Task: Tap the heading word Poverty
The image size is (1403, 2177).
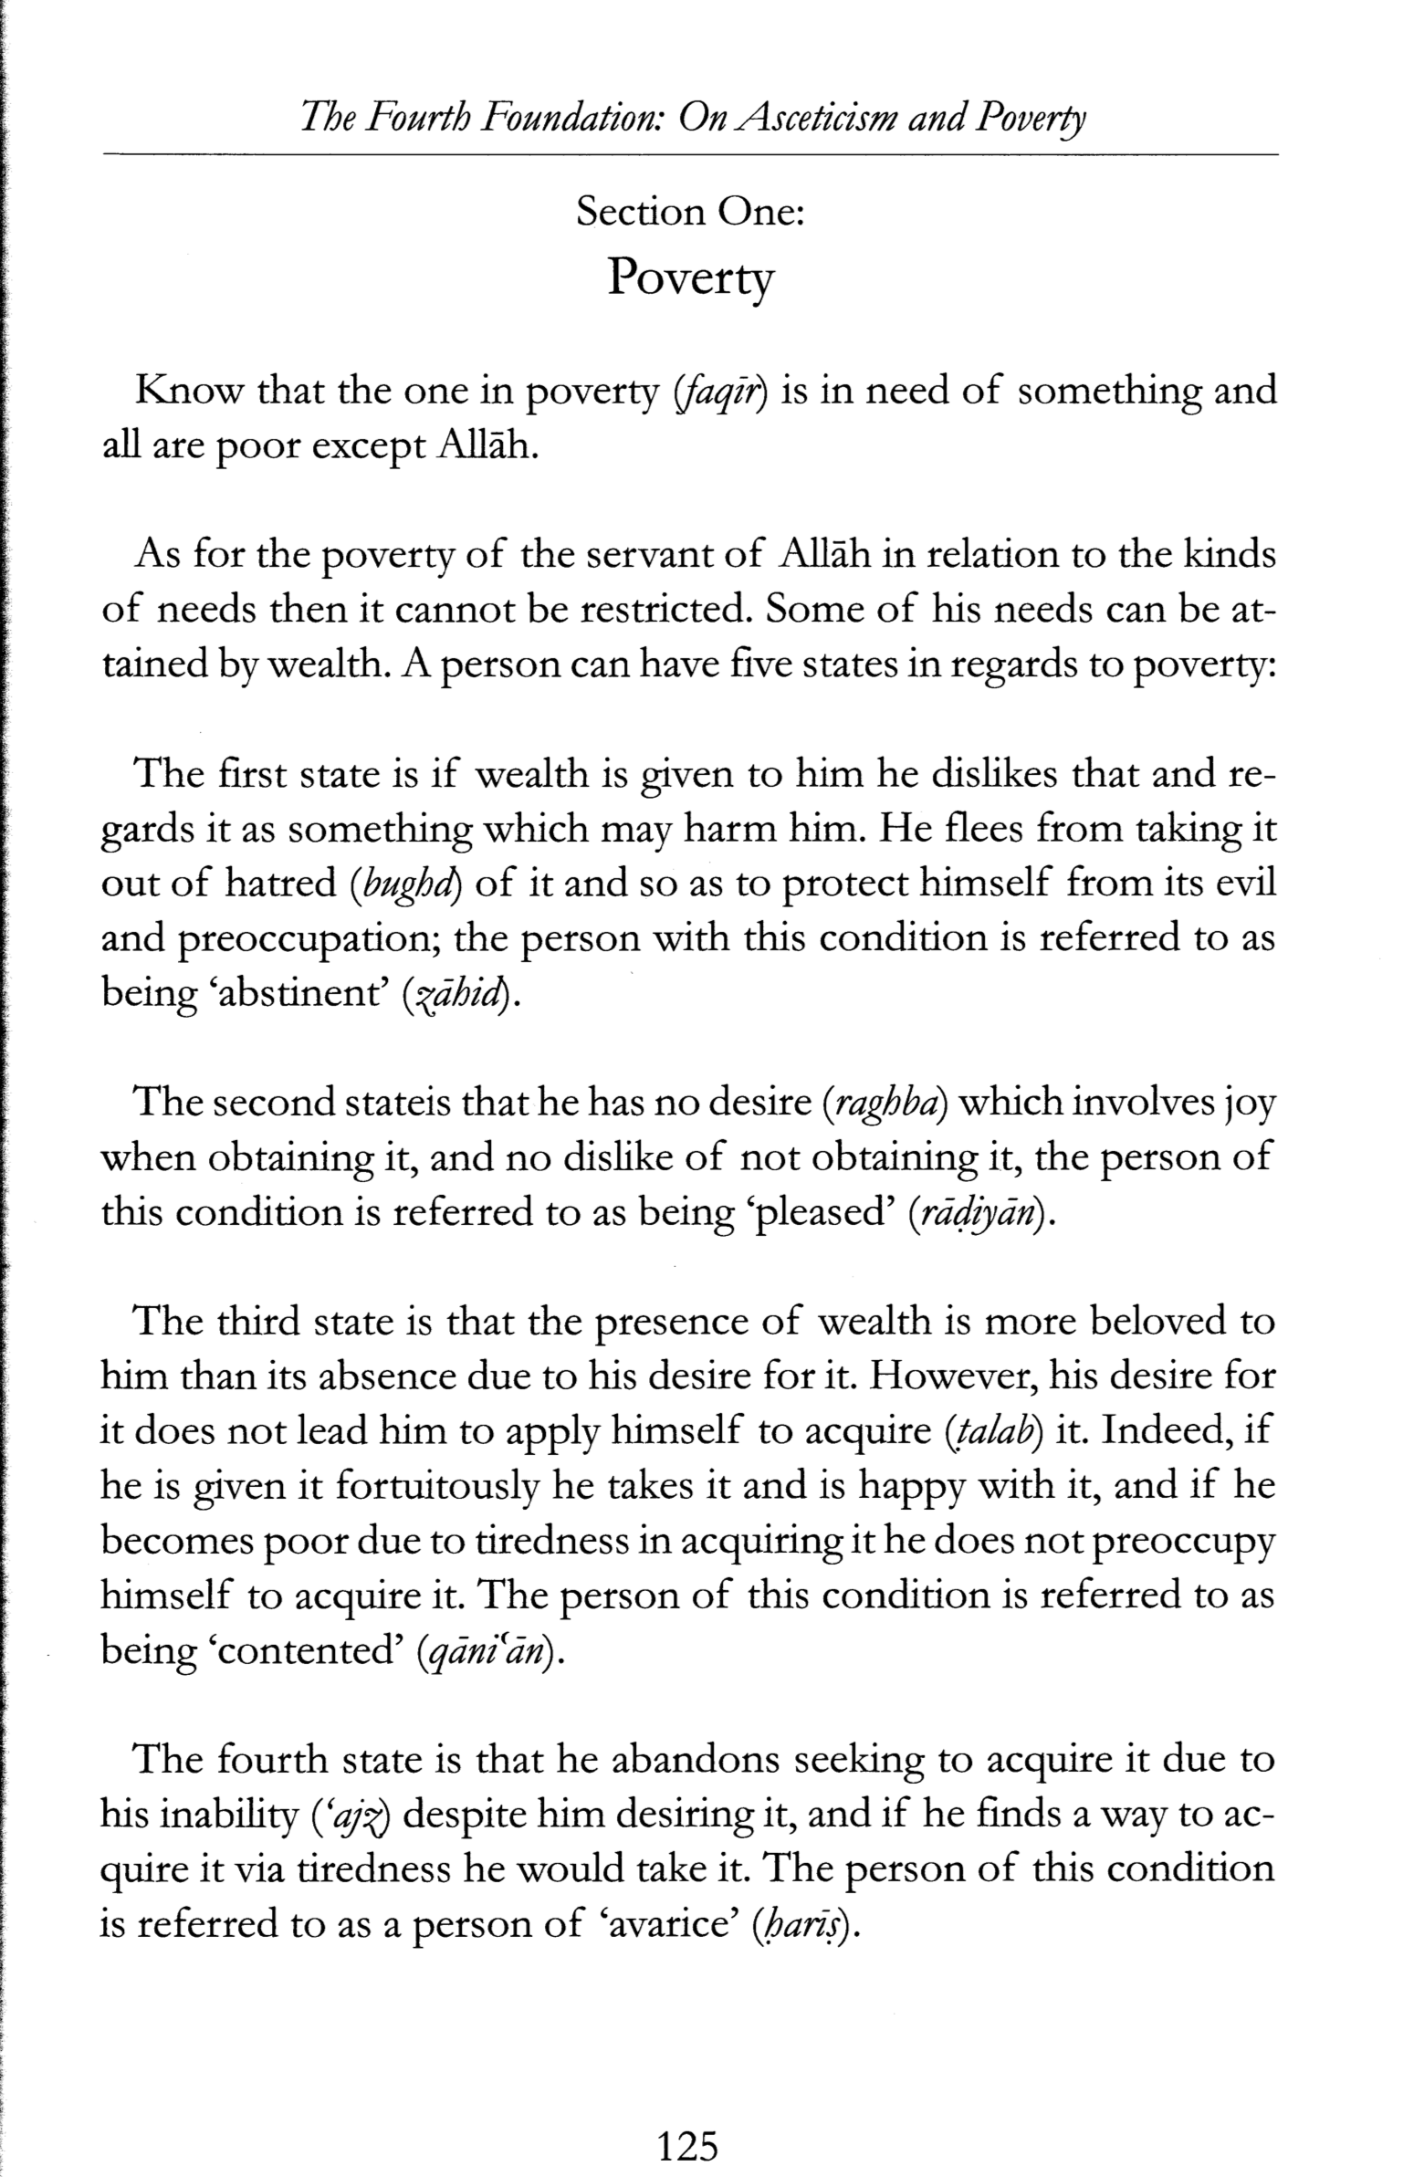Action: [x=690, y=277]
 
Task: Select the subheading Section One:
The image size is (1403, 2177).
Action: [x=690, y=213]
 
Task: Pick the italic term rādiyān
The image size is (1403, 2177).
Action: [x=974, y=1214]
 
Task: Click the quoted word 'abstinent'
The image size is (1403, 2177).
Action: [x=296, y=993]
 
